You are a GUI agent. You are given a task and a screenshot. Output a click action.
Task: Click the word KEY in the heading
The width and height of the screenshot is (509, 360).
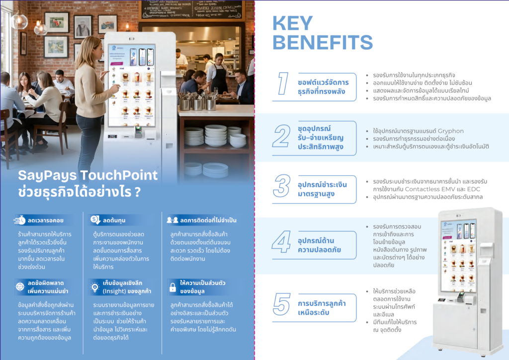292,23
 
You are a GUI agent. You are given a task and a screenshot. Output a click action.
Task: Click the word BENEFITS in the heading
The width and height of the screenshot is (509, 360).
323,42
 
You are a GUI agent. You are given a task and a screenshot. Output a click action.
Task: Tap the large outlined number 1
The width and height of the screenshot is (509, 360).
283,84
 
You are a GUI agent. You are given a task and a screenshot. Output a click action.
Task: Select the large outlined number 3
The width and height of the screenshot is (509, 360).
282,185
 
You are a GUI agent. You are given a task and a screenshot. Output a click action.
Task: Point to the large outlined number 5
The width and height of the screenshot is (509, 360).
281,304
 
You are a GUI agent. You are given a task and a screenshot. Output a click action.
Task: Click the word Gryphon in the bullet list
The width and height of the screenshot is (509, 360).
450,131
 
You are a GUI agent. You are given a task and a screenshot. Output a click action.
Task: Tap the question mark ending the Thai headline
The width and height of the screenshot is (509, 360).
138,192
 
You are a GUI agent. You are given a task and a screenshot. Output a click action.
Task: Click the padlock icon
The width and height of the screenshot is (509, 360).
172,287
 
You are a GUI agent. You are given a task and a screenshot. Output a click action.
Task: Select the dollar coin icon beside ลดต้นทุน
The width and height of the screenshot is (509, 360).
95,220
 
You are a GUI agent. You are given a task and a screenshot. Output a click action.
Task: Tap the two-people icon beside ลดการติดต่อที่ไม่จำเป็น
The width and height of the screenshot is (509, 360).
172,220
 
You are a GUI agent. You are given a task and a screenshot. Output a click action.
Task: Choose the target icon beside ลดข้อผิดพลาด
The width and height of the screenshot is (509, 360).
20,286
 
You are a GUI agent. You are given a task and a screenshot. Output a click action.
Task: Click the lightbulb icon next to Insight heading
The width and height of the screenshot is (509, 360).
95,287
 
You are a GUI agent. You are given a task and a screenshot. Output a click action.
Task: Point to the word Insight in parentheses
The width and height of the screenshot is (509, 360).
115,291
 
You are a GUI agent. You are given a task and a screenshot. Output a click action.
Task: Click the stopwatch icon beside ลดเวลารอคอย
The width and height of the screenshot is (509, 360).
19,220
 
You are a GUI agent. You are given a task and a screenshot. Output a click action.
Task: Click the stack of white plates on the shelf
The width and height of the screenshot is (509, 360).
216,135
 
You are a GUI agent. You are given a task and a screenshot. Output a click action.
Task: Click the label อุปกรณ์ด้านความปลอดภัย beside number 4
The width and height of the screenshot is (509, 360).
319,245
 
